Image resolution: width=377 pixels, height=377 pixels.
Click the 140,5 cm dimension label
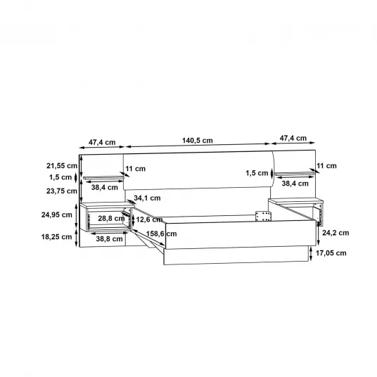[198, 141]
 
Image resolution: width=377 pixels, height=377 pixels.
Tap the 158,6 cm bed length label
[161, 234]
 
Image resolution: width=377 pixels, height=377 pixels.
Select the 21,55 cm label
[62, 166]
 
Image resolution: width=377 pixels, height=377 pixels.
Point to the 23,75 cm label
[62, 191]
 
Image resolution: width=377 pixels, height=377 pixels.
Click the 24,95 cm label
[57, 215]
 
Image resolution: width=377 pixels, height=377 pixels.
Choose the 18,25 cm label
[56, 237]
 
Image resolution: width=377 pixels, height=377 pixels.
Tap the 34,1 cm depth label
[147, 198]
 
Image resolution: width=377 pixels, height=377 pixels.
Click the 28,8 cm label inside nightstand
[111, 218]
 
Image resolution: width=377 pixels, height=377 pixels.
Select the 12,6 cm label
[149, 219]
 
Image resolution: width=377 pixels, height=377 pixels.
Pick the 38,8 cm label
[110, 238]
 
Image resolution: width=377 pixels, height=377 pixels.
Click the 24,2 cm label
[336, 233]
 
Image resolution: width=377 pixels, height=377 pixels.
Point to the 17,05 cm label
[331, 253]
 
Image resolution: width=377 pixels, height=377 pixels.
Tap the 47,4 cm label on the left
[102, 142]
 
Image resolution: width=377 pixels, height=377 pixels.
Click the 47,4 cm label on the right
[293, 139]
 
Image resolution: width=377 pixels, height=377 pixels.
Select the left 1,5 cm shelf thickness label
[60, 177]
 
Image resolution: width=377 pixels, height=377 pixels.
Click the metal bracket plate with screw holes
[263, 217]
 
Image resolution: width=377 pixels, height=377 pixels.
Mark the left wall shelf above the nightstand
[103, 178]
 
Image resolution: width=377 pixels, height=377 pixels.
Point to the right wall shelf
[295, 173]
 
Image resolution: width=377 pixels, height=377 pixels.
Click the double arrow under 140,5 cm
[198, 145]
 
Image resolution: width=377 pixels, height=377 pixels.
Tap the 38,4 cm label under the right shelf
[295, 184]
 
